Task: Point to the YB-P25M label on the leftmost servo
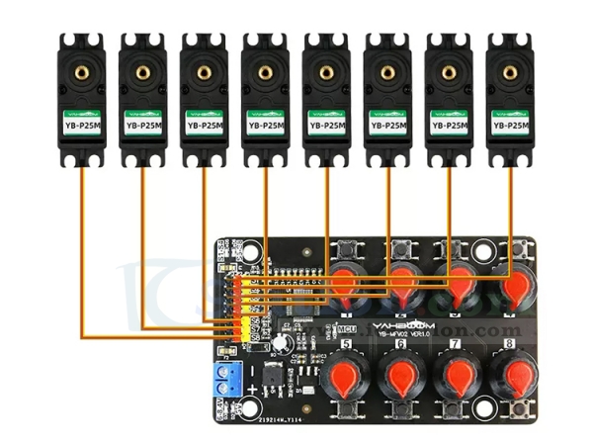coord(81,126)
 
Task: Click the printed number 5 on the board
coord(346,344)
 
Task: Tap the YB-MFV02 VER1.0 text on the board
coord(403,334)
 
